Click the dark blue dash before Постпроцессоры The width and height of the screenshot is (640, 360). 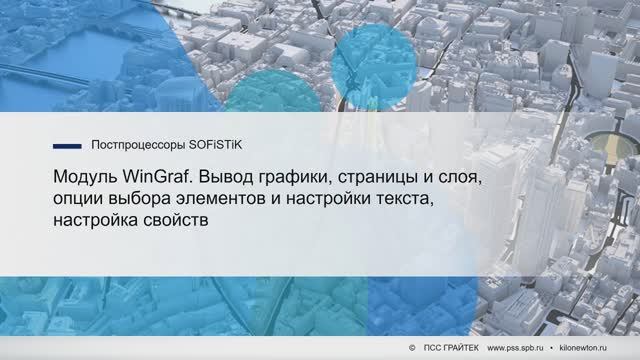[66, 144]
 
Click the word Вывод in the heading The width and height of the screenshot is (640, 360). [226, 178]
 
